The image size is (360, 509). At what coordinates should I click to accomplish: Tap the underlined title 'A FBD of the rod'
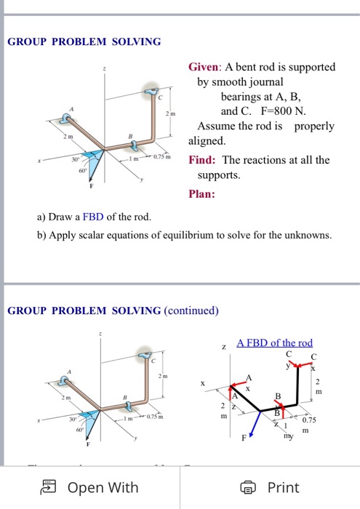pos(274,342)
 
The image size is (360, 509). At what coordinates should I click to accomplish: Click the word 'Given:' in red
pos(208,67)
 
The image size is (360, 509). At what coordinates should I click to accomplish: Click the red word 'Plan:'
pos(203,194)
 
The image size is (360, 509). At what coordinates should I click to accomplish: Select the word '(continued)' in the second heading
pos(191,310)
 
